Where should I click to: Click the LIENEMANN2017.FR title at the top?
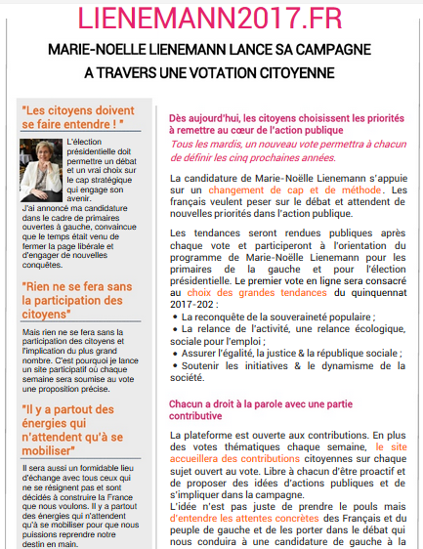[x=211, y=19]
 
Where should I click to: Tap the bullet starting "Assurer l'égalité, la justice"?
[x=287, y=353]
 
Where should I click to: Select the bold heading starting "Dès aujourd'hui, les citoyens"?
[x=287, y=120]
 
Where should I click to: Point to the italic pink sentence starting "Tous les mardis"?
[x=287, y=148]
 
